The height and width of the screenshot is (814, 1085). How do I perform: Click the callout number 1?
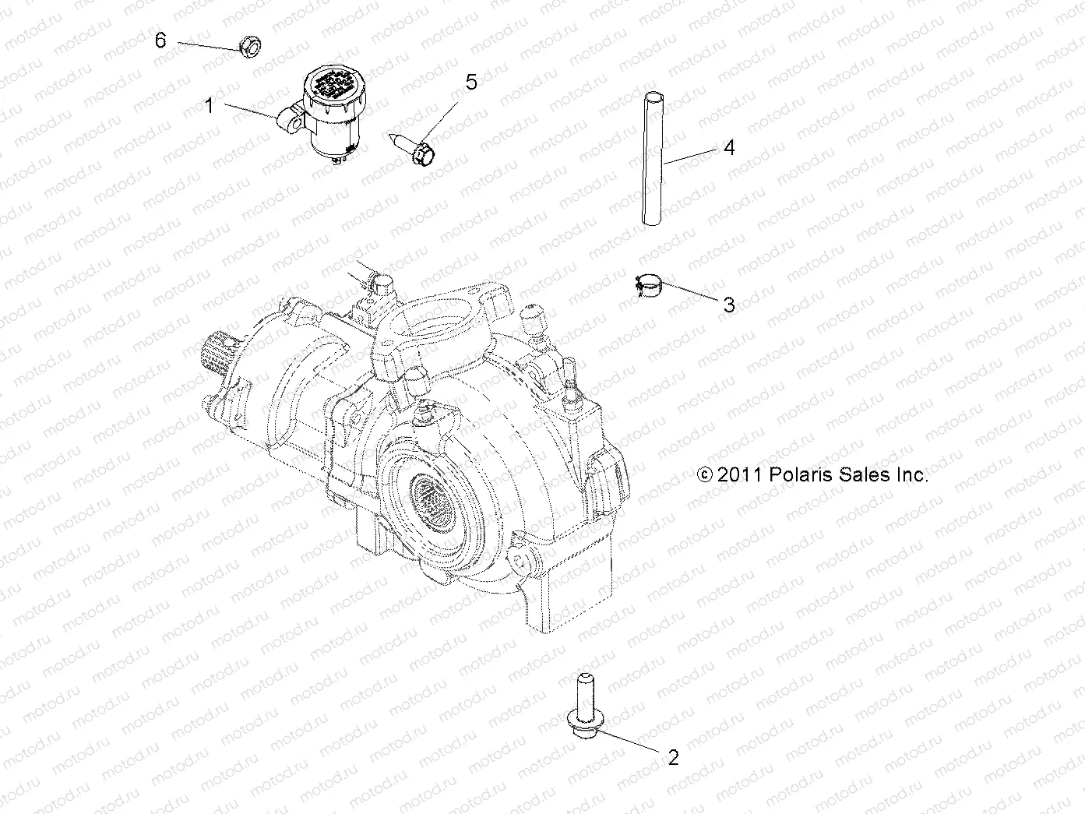[x=209, y=105]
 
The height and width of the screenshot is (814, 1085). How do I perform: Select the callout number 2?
[x=673, y=756]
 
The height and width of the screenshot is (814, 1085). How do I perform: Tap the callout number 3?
[x=729, y=305]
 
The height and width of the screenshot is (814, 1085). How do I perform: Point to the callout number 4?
[x=729, y=146]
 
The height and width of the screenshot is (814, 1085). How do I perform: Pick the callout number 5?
[x=471, y=82]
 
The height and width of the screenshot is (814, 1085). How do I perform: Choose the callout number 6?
[x=160, y=40]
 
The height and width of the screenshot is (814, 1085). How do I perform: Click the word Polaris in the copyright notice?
[x=802, y=474]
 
